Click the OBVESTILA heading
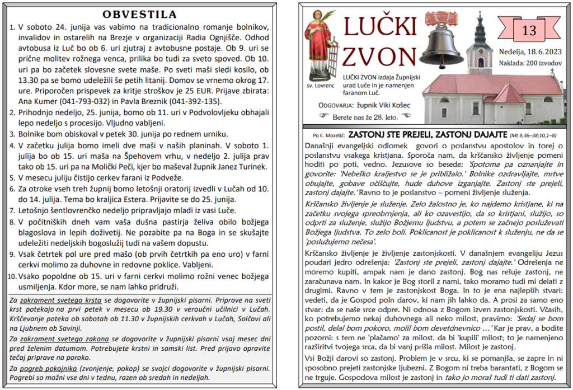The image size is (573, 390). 140,15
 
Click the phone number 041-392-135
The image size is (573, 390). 196,101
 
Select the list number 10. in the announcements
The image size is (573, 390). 11,276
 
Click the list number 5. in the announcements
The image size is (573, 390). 12,178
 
